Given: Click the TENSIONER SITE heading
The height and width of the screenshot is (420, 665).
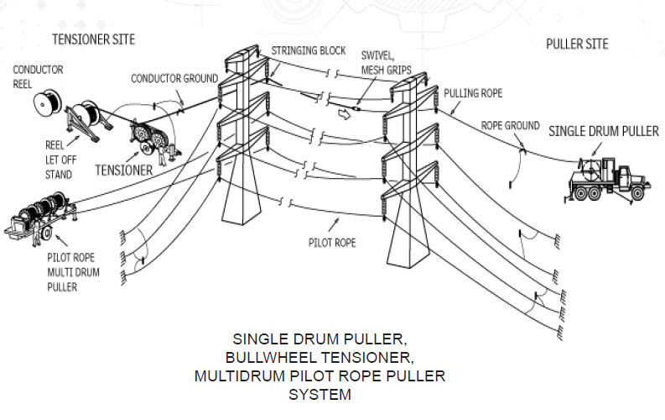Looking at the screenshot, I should [x=93, y=39].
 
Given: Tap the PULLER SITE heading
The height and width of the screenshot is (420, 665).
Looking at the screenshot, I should [x=577, y=44].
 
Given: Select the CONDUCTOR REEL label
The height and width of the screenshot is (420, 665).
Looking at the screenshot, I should [x=38, y=77].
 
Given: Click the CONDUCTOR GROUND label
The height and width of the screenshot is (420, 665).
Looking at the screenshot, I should [x=174, y=79].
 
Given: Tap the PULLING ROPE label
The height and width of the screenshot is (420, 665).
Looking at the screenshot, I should [x=473, y=92].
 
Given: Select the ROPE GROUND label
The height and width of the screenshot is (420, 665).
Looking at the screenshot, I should [x=510, y=125].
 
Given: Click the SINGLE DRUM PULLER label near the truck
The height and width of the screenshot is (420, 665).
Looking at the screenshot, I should [x=604, y=131].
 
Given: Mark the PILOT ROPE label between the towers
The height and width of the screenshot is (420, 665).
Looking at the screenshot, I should [x=333, y=243].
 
